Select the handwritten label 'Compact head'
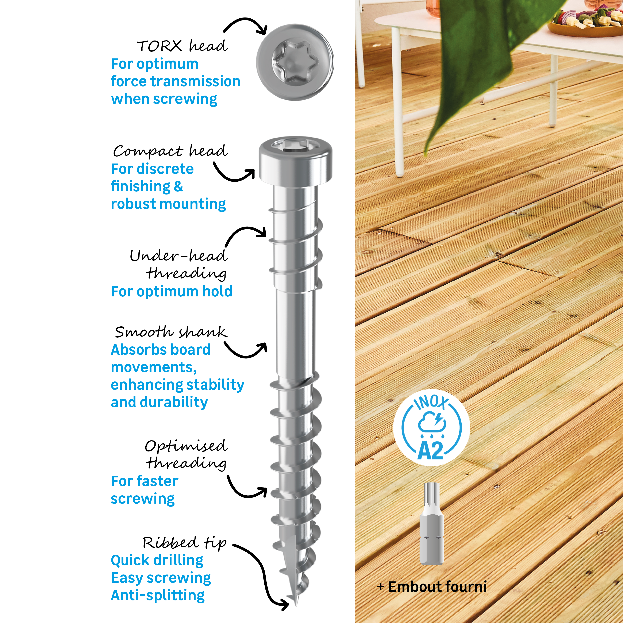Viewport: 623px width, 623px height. point(170,151)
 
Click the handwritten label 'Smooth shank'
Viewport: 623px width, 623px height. point(171,332)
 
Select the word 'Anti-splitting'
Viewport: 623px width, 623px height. point(158,595)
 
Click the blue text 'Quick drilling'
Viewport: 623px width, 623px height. point(157,560)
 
